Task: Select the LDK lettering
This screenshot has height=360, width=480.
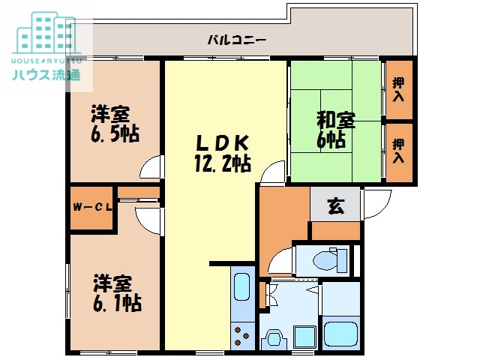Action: click(220, 142)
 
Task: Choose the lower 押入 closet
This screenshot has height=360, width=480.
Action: click(398, 151)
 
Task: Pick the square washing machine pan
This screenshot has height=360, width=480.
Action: click(303, 335)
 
